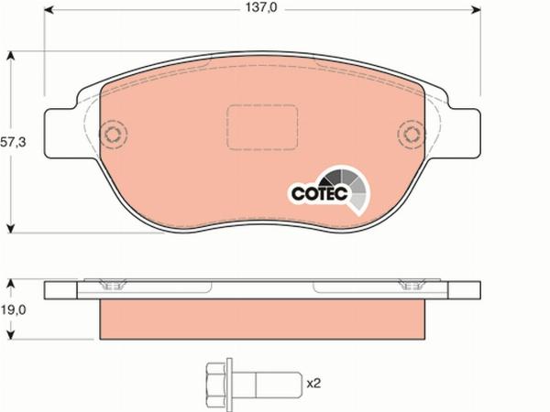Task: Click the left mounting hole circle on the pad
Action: [x=114, y=138]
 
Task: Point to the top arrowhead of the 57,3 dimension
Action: [x=11, y=56]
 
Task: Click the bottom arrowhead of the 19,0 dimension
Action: [x=11, y=335]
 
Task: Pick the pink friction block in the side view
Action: [x=262, y=317]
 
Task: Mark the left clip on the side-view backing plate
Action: [x=115, y=286]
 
